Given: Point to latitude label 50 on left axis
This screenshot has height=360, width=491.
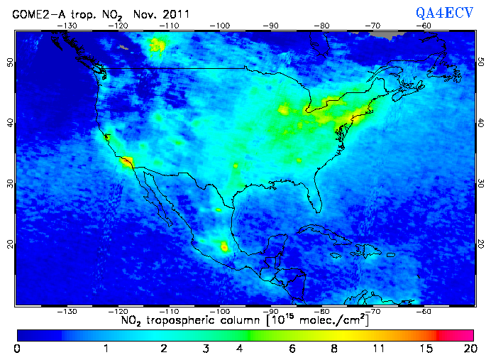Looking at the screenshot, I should (x=10, y=62).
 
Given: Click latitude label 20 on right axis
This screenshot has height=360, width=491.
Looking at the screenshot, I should (x=480, y=244).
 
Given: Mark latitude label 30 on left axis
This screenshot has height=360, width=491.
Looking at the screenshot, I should (x=10, y=183).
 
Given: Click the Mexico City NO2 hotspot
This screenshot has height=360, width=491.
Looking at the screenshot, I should (x=225, y=246).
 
